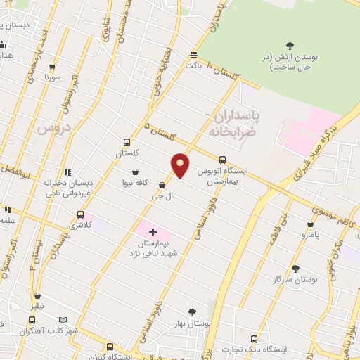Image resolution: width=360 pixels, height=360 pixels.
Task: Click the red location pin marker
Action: click(181, 165)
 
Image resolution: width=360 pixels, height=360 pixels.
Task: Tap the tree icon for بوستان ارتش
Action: click(294, 46)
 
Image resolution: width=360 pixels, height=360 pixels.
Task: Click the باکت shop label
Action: click(194, 65)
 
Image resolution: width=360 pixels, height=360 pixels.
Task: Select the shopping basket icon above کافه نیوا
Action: click(134, 172)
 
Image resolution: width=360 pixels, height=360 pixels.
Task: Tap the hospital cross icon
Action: click(152, 231)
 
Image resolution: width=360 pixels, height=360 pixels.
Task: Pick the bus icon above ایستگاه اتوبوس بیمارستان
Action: click(222, 160)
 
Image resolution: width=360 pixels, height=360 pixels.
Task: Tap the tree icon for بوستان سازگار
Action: click(295, 268)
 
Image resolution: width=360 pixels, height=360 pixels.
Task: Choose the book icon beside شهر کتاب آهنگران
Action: click(64, 319)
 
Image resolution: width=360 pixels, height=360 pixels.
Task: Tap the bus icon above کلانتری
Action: click(80, 214)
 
